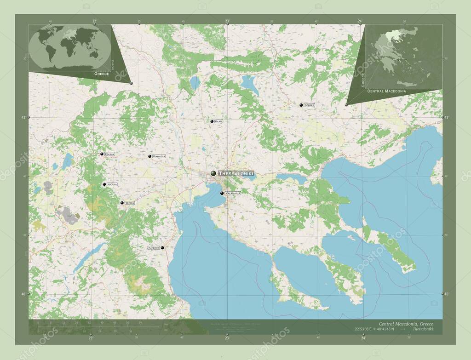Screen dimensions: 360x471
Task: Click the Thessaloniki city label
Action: click(235, 174)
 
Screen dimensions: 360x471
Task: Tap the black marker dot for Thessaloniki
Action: click(213, 173)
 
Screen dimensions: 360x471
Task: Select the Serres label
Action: click(309, 105)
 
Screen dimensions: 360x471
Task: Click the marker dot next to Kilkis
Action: click(212, 121)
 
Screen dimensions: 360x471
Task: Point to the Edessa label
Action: click(109, 154)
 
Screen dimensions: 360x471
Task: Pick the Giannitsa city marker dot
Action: click(150, 156)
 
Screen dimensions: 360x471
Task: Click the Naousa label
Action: click(112, 184)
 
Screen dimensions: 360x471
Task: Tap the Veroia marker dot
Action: click(122, 203)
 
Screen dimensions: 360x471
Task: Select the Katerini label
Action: click(154, 247)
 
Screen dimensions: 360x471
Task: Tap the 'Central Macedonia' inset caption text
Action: click(386, 91)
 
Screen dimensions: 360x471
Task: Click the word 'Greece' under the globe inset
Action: click(102, 74)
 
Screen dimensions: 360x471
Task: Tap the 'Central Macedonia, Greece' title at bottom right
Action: click(405, 324)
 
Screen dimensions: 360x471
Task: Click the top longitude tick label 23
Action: click(227, 21)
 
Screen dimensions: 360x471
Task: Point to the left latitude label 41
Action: click(23, 118)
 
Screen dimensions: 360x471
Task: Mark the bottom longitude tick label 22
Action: click(91, 338)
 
